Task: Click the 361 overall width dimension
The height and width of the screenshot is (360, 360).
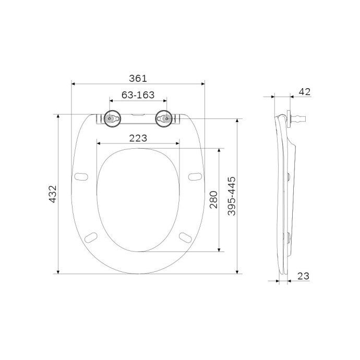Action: [138, 78]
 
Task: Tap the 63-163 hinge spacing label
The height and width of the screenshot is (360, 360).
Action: [138, 95]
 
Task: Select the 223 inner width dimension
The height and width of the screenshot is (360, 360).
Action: [138, 138]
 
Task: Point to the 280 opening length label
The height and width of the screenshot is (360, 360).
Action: [213, 199]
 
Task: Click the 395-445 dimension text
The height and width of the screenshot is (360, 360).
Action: [232, 196]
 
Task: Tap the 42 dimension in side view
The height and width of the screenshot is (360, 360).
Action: [304, 92]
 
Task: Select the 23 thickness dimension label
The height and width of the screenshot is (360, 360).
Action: [304, 276]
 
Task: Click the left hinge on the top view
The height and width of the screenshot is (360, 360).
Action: [111, 119]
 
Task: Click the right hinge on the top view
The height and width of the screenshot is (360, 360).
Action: [165, 119]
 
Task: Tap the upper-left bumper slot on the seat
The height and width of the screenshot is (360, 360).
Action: [81, 176]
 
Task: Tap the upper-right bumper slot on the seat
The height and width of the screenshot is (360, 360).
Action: [195, 176]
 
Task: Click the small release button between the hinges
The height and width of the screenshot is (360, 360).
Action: [138, 114]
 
